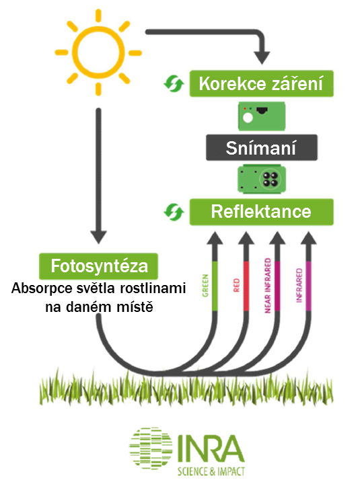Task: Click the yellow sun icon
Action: (x=98, y=52)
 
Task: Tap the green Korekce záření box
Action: (x=261, y=83)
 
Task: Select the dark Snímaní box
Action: (x=261, y=147)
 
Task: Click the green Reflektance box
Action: (x=261, y=212)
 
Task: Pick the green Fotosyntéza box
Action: (x=99, y=266)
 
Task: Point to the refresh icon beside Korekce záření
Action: (x=174, y=83)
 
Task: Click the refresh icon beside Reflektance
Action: (x=174, y=212)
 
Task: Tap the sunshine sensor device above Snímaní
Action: (x=262, y=116)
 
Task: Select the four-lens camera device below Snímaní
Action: (x=262, y=179)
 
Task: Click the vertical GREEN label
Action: (x=205, y=286)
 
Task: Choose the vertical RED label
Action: (x=236, y=285)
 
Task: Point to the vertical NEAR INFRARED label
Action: (x=268, y=285)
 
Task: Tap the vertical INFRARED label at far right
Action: (x=299, y=285)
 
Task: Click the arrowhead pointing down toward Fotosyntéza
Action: (x=98, y=237)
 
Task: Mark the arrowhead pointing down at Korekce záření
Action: (x=262, y=58)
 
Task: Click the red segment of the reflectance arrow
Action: (x=246, y=286)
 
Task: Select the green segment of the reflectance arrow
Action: (x=215, y=286)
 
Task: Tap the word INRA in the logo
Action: (x=211, y=449)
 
